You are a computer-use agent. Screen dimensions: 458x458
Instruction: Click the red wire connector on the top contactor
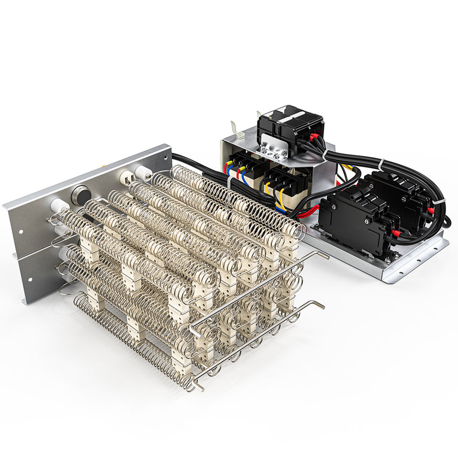[x=316, y=136]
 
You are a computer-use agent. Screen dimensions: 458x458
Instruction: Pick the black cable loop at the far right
[x=446, y=220]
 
